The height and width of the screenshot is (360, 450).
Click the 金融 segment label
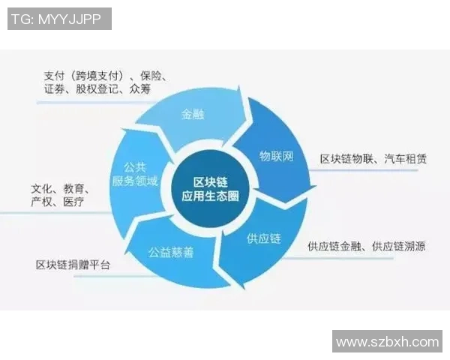[x=193, y=115]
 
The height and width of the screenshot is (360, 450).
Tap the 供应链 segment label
[x=263, y=239]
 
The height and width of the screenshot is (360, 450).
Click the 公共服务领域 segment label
[x=135, y=174]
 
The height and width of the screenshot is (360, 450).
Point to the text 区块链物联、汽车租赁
[x=373, y=159]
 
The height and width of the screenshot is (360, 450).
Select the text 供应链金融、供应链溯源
[x=366, y=246]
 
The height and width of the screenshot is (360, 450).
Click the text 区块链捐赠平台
[x=72, y=265]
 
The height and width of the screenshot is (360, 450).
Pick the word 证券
[x=56, y=89]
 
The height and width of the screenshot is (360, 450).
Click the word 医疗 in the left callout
[x=73, y=202]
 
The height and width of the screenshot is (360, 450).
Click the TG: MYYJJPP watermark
[x=59, y=19]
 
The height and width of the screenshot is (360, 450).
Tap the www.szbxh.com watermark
[x=387, y=341]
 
